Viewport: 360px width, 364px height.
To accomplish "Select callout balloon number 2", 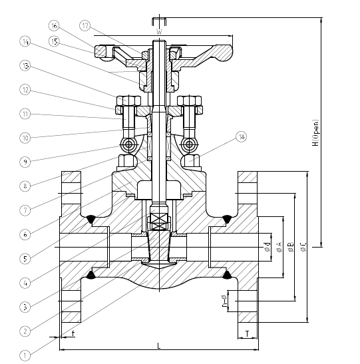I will [25, 331].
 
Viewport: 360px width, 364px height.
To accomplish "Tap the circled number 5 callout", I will [25, 258].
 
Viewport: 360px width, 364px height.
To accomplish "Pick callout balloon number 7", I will [25, 210].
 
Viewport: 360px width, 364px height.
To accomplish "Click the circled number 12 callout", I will [25, 90].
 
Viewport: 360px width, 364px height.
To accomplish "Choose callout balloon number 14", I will [25, 42].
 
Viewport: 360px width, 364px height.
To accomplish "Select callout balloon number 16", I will [54, 25].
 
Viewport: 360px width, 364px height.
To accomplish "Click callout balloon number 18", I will [240, 137].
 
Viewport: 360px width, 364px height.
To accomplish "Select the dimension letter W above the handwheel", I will [158, 31].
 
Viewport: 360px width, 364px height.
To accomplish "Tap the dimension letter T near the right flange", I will [248, 333].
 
